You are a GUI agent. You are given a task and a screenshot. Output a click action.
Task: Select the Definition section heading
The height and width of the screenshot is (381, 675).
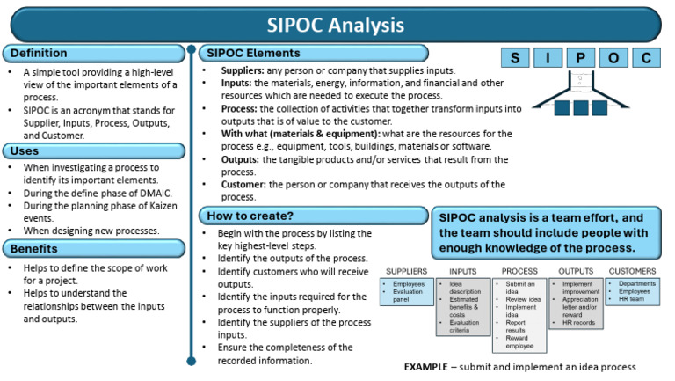pos(40,54)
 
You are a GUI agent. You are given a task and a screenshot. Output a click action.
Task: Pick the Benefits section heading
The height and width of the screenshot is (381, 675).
pos(36,248)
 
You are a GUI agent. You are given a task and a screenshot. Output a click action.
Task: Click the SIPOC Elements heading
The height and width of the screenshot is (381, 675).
pos(252,53)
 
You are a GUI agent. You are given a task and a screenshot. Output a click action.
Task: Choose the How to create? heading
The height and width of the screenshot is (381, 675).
pos(250,216)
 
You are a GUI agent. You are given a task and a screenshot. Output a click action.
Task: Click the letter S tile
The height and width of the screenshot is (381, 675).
pos(517,59)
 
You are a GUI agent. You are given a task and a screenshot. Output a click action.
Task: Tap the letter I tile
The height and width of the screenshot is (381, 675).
pos(548,59)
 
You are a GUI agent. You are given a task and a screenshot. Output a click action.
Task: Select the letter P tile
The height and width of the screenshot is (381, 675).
pos(580,59)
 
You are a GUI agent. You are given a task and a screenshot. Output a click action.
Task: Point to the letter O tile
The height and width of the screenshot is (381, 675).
pos(613,59)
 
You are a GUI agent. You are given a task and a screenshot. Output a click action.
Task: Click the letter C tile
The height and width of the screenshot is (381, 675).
pos(645,59)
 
